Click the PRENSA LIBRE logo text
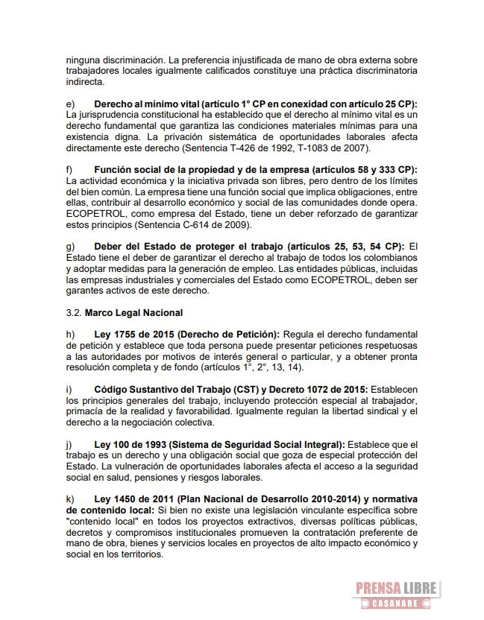coord(395,588)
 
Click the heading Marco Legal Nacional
coord(133,312)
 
